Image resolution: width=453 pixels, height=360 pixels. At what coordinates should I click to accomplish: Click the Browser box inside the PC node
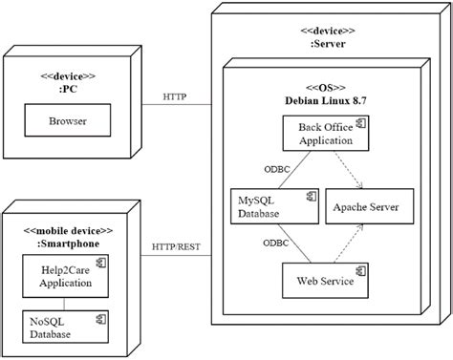67,121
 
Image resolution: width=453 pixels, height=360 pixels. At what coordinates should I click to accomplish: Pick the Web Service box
325,281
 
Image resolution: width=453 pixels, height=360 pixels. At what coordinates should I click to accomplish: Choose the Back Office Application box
325,133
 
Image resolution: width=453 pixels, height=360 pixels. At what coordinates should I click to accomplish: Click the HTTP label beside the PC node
174,96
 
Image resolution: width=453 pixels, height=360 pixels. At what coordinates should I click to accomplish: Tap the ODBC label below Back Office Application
277,168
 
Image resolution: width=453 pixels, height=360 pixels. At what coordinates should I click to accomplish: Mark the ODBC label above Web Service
277,243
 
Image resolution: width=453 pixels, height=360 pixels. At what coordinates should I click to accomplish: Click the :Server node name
320,44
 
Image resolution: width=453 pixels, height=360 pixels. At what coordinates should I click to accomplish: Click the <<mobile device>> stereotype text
67,231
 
